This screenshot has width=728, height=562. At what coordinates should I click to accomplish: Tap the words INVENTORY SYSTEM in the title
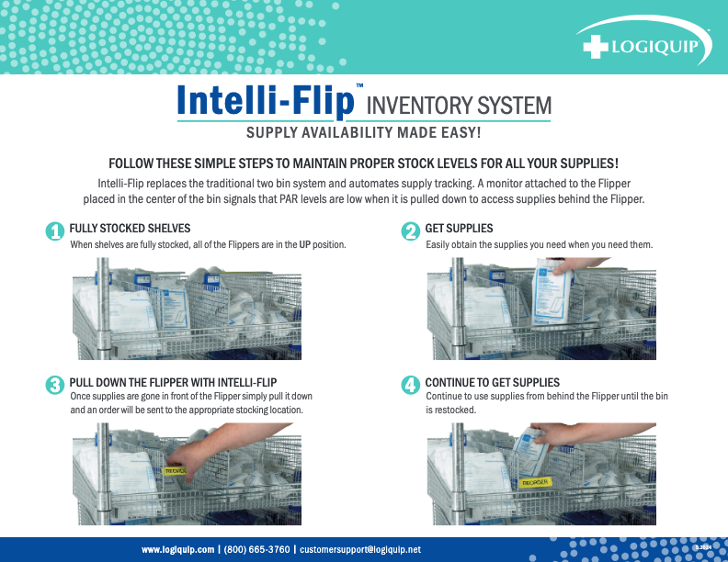point(459,106)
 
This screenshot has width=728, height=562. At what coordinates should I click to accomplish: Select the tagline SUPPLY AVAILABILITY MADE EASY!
point(364,133)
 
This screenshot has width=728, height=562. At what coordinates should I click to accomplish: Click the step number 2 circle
point(411,232)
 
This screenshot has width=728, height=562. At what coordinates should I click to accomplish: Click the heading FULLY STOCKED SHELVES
point(130,228)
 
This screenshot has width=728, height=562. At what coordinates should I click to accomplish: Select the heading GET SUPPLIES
point(459,228)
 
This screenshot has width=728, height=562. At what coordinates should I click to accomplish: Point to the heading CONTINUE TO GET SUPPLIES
point(492,382)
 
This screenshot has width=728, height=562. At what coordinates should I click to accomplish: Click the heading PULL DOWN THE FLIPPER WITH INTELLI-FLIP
point(173,382)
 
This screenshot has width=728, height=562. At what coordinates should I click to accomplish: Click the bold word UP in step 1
point(305,245)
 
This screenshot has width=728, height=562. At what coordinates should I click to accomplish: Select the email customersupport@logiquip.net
point(360,549)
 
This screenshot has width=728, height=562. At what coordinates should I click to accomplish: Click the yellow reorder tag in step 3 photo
point(175,470)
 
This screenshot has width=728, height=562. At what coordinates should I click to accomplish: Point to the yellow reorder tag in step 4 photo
point(535,481)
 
